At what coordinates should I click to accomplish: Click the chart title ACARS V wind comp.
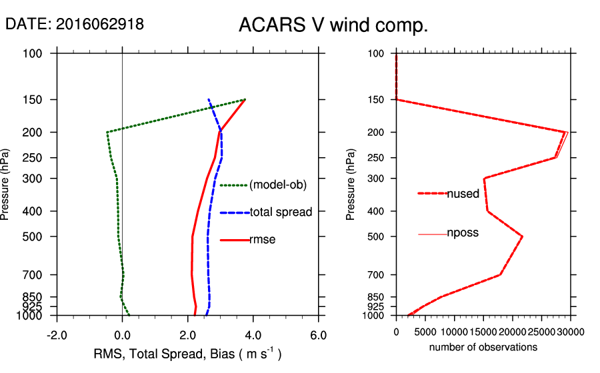click(x=333, y=26)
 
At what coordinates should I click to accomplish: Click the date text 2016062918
click(x=100, y=24)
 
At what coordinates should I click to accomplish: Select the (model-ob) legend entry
click(x=277, y=185)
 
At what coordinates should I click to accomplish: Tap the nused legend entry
click(x=463, y=194)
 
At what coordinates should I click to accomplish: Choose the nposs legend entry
click(x=463, y=233)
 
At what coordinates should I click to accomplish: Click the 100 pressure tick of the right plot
click(x=377, y=53)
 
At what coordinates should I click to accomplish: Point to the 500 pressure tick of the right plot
click(x=377, y=236)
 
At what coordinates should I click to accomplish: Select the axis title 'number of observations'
click(x=483, y=348)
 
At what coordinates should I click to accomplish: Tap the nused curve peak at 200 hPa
click(x=566, y=133)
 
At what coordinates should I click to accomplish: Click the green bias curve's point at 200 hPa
click(x=107, y=133)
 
